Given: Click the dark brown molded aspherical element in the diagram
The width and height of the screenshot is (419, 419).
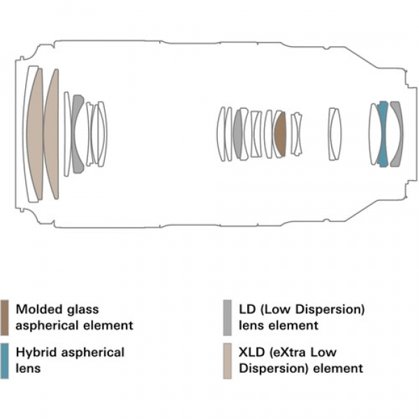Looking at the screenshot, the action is point(281,134).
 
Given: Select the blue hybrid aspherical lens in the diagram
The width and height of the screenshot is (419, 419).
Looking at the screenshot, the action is point(383,134).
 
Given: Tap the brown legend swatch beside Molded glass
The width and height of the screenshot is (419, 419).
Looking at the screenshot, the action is point(4,318).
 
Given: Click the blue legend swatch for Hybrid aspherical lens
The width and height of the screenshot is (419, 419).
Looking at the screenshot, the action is point(4,361).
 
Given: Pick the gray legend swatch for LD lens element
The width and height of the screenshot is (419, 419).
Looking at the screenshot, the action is point(227,318).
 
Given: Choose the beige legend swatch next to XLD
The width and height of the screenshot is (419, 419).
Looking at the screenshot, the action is point(227,361).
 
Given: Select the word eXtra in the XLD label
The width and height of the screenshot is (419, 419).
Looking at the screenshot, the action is point(288,353).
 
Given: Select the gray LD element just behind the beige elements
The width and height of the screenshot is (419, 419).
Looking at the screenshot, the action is point(76,134).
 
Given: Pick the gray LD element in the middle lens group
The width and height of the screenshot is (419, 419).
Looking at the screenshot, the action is point(238,134).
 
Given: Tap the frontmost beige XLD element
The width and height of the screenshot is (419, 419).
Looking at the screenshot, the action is point(35,134).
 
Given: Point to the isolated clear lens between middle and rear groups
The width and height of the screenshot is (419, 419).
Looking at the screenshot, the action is point(335,134).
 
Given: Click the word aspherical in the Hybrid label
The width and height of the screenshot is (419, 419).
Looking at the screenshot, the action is point(93,353).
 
